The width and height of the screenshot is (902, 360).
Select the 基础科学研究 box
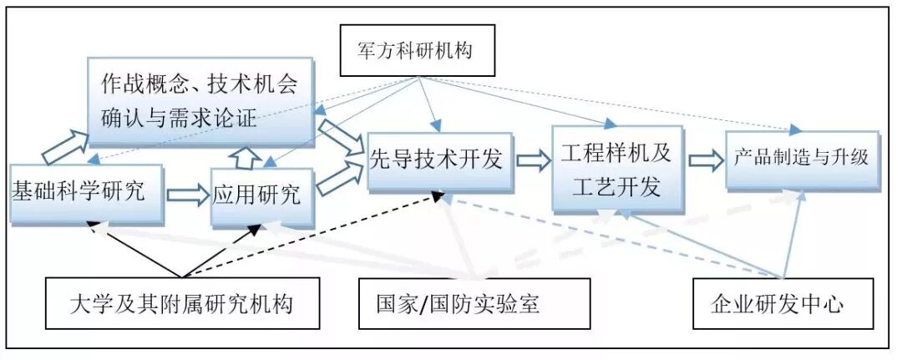click(x=80, y=193)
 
